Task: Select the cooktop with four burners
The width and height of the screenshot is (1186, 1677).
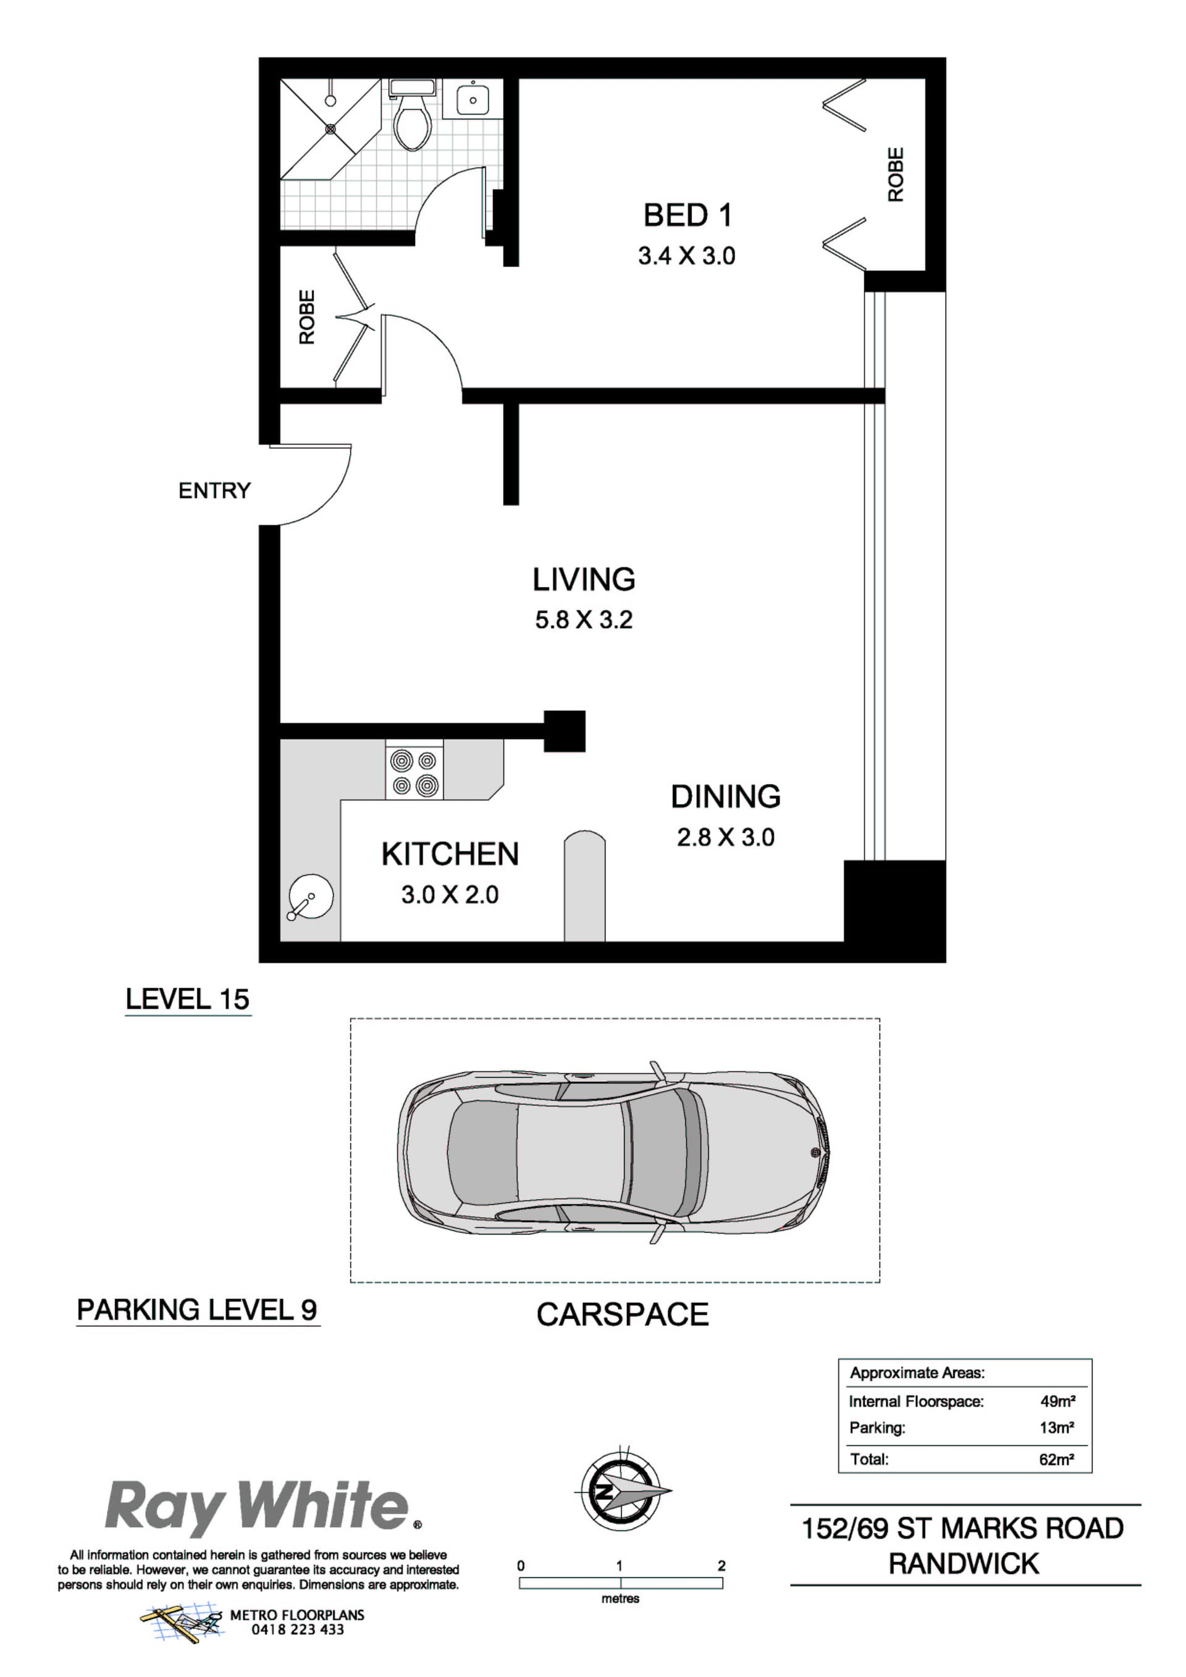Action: (x=414, y=773)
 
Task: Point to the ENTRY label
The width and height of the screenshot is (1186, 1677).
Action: (x=214, y=491)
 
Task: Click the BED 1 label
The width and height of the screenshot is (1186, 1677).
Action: (x=687, y=215)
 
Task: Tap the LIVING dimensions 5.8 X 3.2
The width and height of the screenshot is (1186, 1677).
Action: (x=584, y=620)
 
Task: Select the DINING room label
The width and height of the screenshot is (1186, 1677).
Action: (x=726, y=797)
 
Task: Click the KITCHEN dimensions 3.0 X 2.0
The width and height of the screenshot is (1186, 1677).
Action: (x=450, y=895)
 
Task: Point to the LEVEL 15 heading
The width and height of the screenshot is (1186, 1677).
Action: (x=188, y=999)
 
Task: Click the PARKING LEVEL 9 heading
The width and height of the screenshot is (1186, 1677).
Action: (x=197, y=1310)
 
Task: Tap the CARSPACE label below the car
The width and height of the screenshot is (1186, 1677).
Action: (x=623, y=1315)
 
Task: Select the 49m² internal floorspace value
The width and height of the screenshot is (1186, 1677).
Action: (x=1058, y=1402)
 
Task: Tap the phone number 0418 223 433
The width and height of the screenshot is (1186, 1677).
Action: (x=297, y=1629)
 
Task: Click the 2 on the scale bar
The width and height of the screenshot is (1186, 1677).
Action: (x=722, y=1566)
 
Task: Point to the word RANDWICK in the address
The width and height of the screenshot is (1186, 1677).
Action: (x=964, y=1564)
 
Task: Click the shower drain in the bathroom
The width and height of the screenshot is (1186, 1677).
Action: (x=330, y=128)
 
